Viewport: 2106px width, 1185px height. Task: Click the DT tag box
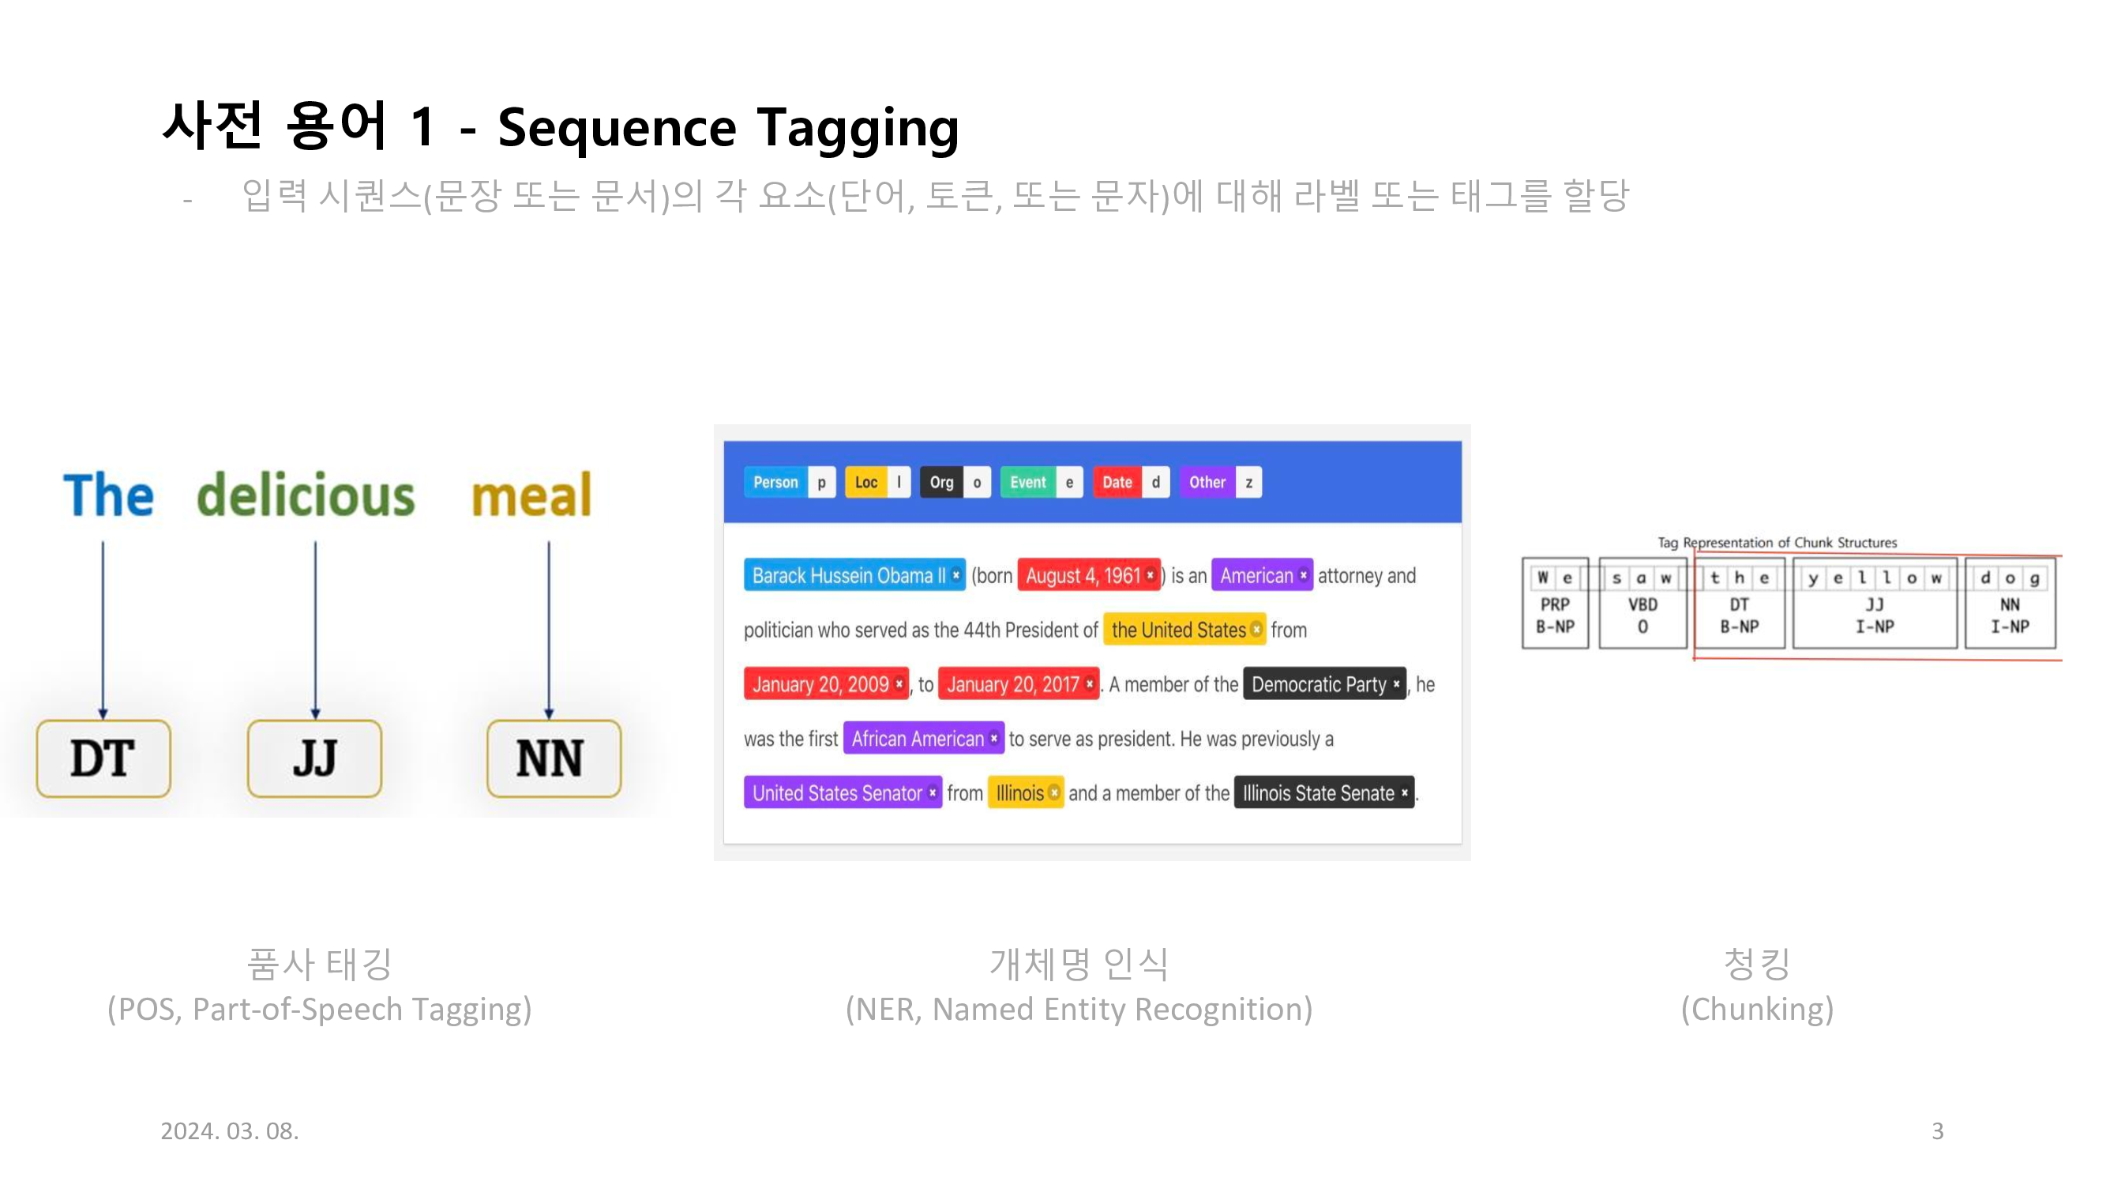(103, 758)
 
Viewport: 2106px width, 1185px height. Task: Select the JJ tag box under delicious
(315, 758)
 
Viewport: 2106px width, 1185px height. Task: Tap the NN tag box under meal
(554, 758)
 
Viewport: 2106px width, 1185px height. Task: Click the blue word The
(108, 495)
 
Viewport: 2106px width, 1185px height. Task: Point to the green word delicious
(306, 495)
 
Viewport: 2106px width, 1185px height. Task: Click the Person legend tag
(775, 483)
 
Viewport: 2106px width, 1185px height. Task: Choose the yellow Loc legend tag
(865, 483)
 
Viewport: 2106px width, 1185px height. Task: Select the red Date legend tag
(1117, 483)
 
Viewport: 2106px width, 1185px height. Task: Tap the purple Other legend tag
(1207, 483)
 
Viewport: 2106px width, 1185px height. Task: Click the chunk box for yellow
(1874, 604)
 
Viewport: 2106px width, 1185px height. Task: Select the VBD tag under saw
(1642, 605)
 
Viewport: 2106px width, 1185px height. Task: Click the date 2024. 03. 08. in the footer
(230, 1131)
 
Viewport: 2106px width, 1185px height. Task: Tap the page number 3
(1937, 1131)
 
